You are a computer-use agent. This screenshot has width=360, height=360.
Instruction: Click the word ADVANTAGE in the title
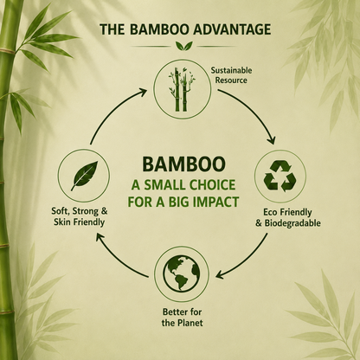[233, 29]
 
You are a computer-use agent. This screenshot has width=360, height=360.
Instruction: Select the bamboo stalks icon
[181, 89]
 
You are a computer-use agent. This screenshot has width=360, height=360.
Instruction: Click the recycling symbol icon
[280, 177]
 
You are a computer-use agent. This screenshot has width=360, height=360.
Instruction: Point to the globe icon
[182, 273]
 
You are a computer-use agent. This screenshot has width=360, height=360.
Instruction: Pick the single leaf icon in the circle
[84, 176]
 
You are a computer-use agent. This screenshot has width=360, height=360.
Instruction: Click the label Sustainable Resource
[231, 75]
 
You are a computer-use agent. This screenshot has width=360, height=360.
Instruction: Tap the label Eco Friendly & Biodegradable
[288, 218]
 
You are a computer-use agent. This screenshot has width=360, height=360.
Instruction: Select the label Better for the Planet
[182, 318]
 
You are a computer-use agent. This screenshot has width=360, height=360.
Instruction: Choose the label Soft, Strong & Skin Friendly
[80, 216]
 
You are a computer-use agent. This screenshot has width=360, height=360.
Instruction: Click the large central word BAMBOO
[183, 164]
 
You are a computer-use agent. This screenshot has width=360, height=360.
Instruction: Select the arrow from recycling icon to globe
[250, 260]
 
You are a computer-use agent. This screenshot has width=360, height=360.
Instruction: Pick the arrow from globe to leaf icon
[114, 260]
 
